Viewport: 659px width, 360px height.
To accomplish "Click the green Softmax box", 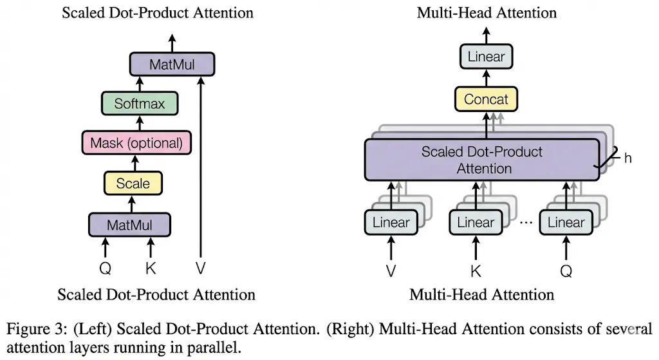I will pos(140,104).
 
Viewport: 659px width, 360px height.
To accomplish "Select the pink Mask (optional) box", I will pos(136,143).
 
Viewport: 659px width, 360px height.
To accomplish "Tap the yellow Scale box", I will pos(133,184).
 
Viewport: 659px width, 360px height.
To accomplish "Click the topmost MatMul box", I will pos(171,64).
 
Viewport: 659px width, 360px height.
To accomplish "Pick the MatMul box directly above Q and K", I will pos(129,225).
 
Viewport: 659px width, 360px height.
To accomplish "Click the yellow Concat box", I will pos(486,100).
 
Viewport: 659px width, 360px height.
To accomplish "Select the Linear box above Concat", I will pos(486,57).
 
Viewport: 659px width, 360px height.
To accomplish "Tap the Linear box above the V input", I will pos(391,223).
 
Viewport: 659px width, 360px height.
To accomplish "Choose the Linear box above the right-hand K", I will pos(476,223).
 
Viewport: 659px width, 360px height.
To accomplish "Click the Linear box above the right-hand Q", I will pos(566,223).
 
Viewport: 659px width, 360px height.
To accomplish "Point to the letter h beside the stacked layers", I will pos(628,157).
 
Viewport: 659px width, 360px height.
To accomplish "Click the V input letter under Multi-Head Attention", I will pos(391,271).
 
